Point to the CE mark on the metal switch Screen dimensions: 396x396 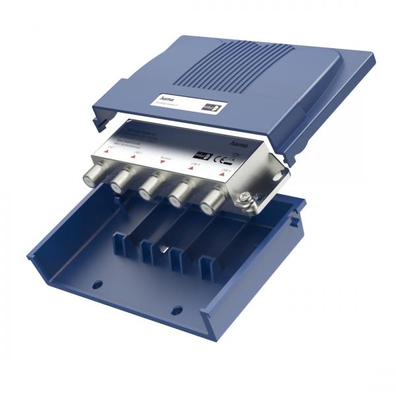pyautogui.click(x=224, y=158)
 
